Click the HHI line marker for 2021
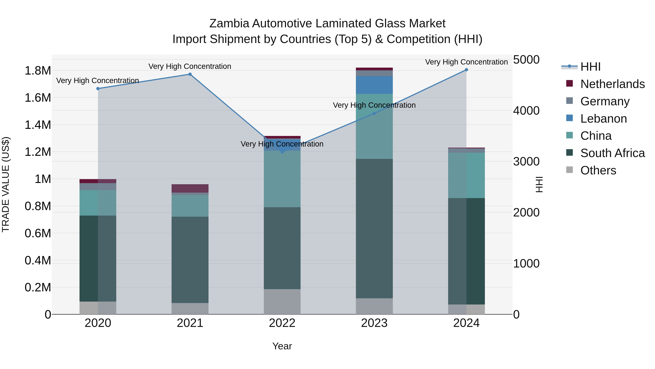pyautogui.click(x=190, y=74)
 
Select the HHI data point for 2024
pyautogui.click(x=466, y=70)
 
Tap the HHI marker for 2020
pyautogui.click(x=98, y=89)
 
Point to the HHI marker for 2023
pyautogui.click(x=374, y=113)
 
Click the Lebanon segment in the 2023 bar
pyautogui.click(x=374, y=85)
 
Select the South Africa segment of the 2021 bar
pyautogui.click(x=190, y=260)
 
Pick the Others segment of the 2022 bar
pyautogui.click(x=282, y=302)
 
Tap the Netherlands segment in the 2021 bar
pyautogui.click(x=190, y=188)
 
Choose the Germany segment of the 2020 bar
pyautogui.click(x=98, y=186)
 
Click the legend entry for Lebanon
pyautogui.click(x=603, y=119)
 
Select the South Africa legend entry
pyautogui.click(x=612, y=153)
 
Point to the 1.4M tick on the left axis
pyautogui.click(x=38, y=125)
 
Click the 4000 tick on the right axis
pyautogui.click(x=526, y=111)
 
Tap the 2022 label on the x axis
pyautogui.click(x=282, y=323)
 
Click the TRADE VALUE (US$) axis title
pyautogui.click(x=6, y=184)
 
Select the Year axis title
pyautogui.click(x=282, y=346)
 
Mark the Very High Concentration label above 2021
pyautogui.click(x=190, y=66)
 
